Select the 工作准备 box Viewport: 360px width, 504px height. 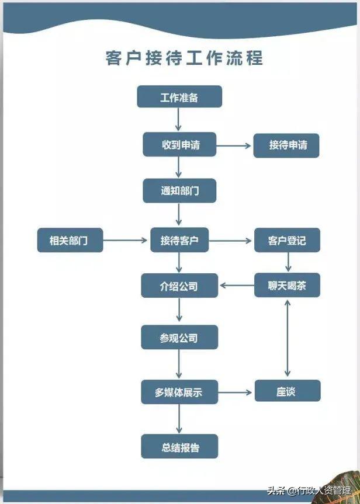pos(179,97)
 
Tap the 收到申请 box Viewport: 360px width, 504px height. pos(179,145)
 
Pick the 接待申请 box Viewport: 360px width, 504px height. pos(286,145)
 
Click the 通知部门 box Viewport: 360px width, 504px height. pos(179,191)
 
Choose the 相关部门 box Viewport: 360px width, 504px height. pos(70,240)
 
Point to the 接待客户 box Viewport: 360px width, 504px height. pos(179,240)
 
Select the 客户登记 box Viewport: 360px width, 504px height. pos(286,240)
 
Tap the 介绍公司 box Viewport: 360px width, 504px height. pos(179,286)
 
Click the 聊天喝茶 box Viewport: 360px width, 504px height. pos(286,286)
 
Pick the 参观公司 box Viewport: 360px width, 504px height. pos(179,338)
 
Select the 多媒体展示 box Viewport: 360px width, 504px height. pos(179,392)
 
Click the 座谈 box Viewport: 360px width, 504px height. pos(286,391)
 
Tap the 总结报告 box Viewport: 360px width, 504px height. pos(179,447)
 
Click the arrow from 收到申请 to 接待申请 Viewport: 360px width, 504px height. pos(234,145)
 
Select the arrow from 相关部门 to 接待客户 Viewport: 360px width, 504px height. pos(126,240)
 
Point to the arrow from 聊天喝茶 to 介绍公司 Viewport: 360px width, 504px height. pos(236,286)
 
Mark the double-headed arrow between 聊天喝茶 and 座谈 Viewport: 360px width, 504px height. pos(287,338)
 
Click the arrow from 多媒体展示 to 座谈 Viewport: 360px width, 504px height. pos(236,392)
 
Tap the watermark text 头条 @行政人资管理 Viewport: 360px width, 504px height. pos(309,490)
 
